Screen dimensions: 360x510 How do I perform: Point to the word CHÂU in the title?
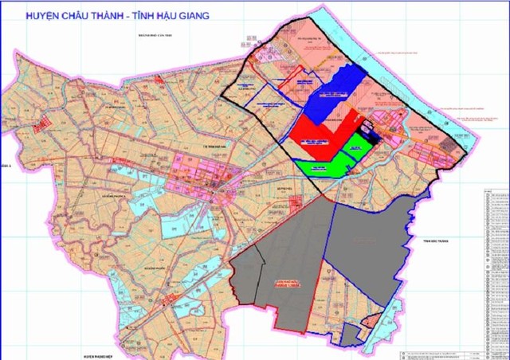click(x=85, y=14)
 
